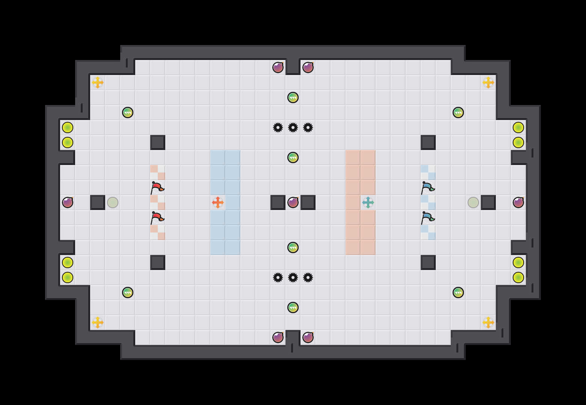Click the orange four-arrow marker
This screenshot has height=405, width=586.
tap(218, 202)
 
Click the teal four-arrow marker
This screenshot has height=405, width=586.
tap(368, 202)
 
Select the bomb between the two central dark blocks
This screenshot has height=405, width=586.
tap(293, 202)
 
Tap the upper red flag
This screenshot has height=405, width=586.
tap(157, 187)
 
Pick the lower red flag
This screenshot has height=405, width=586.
tap(157, 217)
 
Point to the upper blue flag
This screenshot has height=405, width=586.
tap(427, 187)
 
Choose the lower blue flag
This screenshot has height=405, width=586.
tap(427, 217)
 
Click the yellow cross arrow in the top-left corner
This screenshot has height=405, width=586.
tap(98, 82)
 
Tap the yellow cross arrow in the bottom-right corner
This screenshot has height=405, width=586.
tap(488, 322)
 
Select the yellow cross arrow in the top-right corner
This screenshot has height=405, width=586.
tap(488, 82)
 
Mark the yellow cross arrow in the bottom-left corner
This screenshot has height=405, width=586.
tap(98, 322)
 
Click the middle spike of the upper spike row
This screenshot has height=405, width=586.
tap(293, 127)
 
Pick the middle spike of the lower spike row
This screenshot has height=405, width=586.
tap(293, 277)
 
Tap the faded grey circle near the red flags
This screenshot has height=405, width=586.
tap(113, 202)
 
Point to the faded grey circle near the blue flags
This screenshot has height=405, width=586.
tap(473, 202)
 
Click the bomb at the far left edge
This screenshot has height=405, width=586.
tap(68, 202)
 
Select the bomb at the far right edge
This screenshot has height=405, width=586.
tap(518, 202)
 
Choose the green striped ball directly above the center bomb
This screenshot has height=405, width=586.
tap(293, 157)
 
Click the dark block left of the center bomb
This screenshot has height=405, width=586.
tap(278, 202)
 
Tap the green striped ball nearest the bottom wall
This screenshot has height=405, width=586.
tap(293, 307)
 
